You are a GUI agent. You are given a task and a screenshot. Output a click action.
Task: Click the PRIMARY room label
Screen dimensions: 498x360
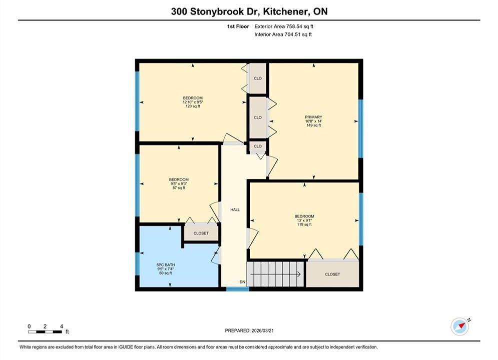pos(313,117)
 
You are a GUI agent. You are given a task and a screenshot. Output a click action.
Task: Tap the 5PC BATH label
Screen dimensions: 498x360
pos(166,265)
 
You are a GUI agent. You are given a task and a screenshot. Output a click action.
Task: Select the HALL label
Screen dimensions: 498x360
pos(235,209)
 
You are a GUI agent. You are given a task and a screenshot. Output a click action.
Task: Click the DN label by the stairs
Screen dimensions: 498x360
pos(242,282)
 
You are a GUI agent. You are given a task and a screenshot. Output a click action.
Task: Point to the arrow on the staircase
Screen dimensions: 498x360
pos(276,274)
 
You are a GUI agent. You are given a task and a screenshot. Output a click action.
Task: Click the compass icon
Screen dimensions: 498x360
pos(460,326)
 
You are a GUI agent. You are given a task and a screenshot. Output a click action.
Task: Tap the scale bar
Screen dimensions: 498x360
pos(45,332)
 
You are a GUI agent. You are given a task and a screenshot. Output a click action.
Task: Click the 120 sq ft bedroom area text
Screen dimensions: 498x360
pos(193,106)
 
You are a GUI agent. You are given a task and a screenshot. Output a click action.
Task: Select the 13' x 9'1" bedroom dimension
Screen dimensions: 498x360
pos(304,220)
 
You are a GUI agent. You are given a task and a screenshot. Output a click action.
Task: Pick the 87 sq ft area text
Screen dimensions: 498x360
pos(179,188)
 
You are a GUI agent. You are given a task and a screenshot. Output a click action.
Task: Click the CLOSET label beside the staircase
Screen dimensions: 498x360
pos(332,274)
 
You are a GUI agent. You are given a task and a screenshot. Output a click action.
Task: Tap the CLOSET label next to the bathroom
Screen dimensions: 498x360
pos(201,233)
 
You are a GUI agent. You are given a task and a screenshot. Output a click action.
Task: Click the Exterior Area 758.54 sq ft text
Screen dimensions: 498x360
pos(284,26)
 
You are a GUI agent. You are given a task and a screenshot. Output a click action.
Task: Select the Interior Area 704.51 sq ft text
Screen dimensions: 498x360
pos(283,34)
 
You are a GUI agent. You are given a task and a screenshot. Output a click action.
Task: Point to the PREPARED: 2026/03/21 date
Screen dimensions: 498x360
pos(249,330)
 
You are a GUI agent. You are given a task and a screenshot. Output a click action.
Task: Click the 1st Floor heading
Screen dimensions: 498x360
pos(238,26)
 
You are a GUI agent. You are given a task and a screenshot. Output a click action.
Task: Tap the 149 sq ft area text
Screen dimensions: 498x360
pos(313,125)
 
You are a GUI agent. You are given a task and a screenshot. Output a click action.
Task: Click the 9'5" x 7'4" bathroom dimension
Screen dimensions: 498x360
pos(166,269)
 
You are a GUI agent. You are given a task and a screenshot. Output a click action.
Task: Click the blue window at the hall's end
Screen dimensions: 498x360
pos(238,289)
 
